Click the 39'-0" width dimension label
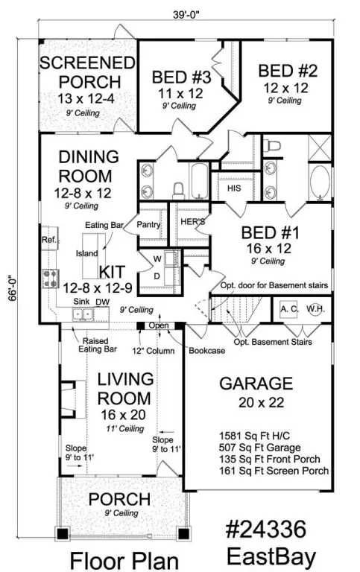point(186,15)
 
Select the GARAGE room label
point(256,384)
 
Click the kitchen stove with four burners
point(51,279)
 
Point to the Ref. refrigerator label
point(49,240)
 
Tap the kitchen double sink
point(83,314)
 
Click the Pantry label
point(148,224)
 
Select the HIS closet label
point(234,188)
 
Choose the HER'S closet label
point(193,221)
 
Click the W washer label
point(157,259)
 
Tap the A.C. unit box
point(289,309)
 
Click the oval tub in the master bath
point(320,183)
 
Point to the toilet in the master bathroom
point(272,145)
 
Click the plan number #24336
point(266,530)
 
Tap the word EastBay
point(271,557)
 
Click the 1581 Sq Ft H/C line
point(254,436)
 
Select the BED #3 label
point(181,77)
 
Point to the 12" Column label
point(154,351)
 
